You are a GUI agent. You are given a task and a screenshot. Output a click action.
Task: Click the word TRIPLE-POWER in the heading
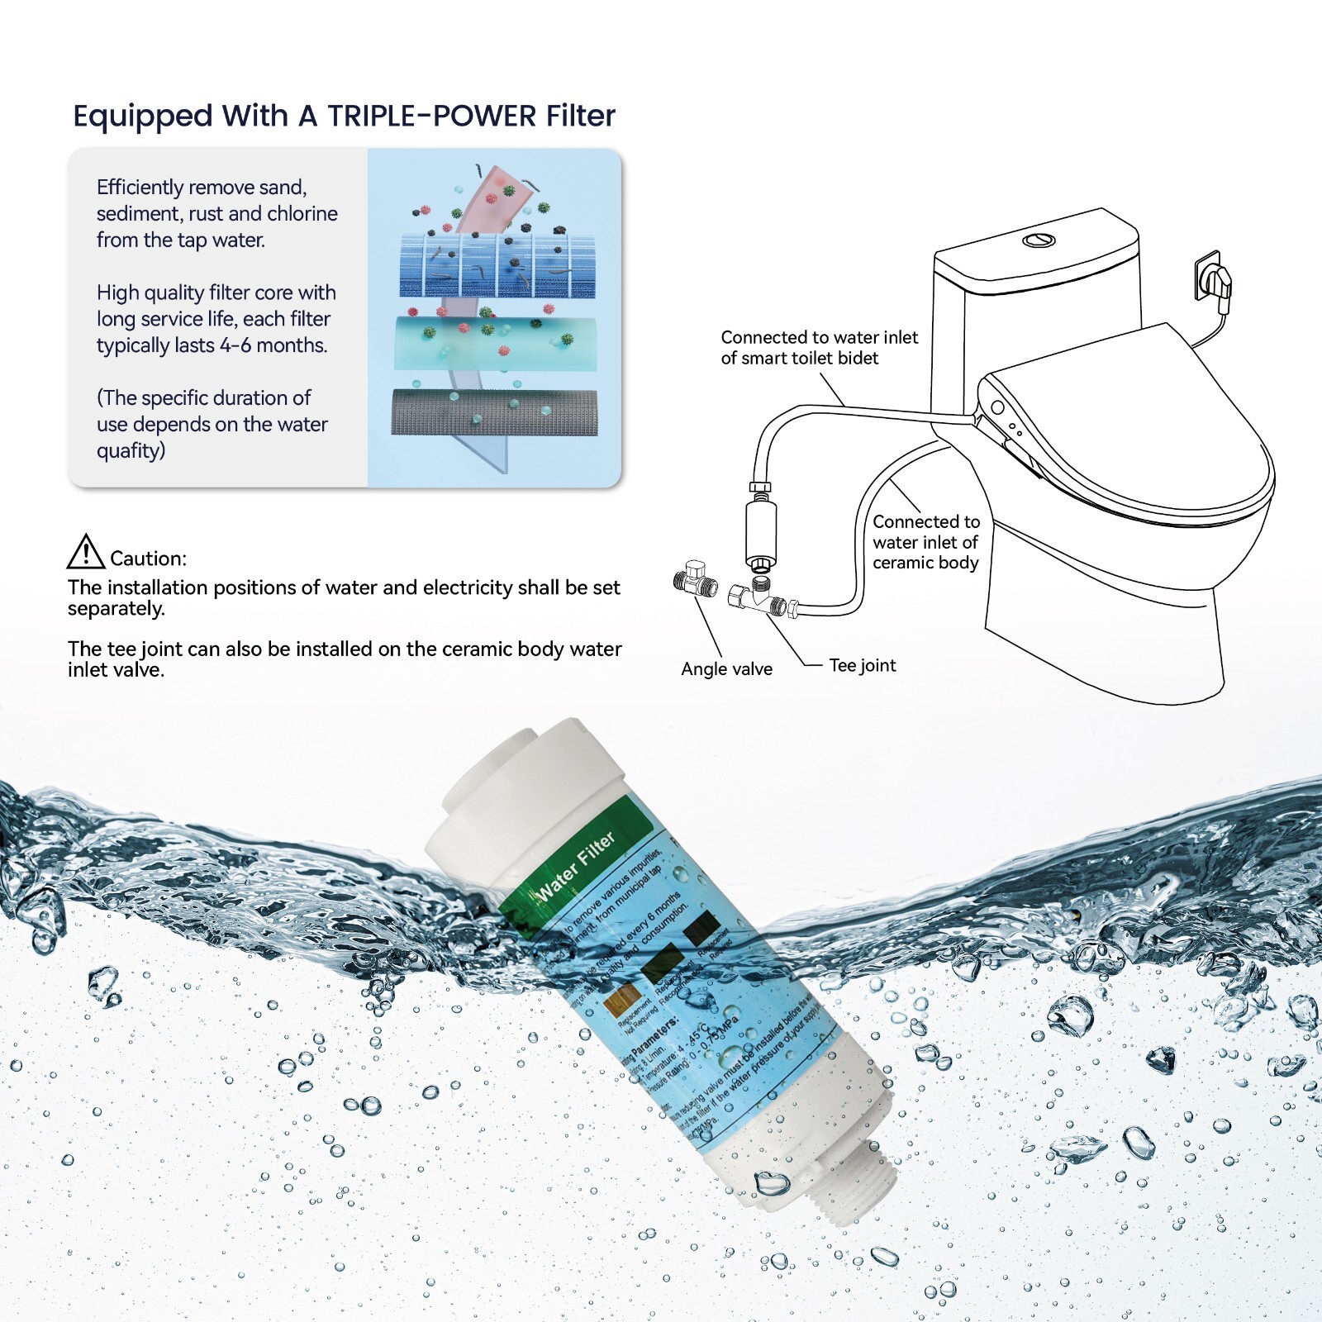coord(431,117)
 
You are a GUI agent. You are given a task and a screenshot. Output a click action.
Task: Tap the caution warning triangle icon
coord(85,552)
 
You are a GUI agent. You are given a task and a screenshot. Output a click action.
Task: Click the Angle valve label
coord(726,669)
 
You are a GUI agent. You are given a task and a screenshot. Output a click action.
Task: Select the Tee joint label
coord(862,666)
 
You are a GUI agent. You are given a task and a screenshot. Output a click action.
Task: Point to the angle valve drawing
coord(694,578)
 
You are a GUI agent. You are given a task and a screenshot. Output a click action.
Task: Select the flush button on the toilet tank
coord(1039,240)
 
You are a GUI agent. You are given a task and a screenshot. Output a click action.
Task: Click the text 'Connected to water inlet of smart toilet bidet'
coord(818,348)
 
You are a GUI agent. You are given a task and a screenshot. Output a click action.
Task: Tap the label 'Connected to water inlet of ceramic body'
coord(925,542)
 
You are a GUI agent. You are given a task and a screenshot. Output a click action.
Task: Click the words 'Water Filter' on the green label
coord(576,865)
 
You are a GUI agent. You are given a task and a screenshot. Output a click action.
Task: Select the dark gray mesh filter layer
coord(494,412)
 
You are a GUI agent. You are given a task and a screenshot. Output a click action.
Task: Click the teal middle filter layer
coord(494,341)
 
